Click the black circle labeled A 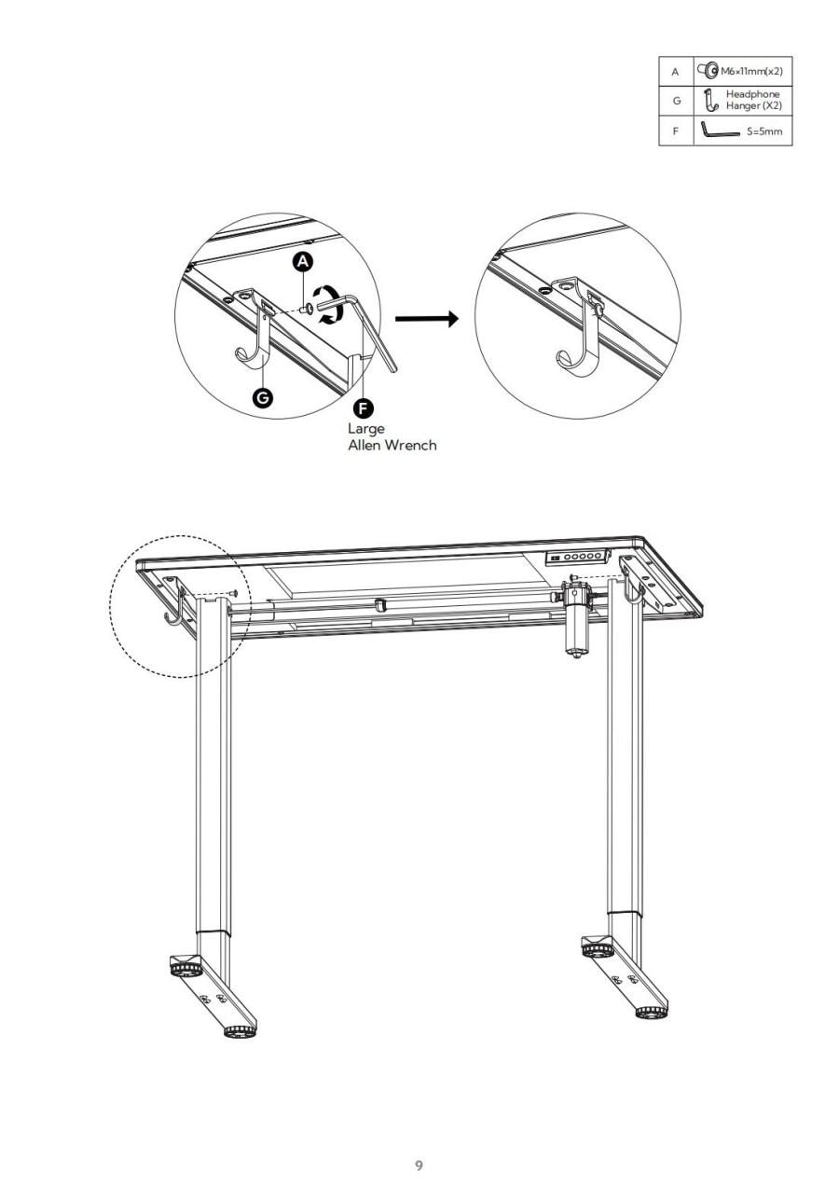point(303,261)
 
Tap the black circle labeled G point(263,397)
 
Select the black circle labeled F point(363,408)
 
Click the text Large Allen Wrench point(392,436)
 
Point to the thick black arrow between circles point(426,319)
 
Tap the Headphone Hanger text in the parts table point(753,100)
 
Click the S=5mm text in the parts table point(764,131)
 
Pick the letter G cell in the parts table point(677,101)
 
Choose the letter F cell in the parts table point(676,131)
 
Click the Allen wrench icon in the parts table point(720,130)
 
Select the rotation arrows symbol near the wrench point(325,305)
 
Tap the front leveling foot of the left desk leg point(240,1031)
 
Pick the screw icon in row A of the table point(708,70)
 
